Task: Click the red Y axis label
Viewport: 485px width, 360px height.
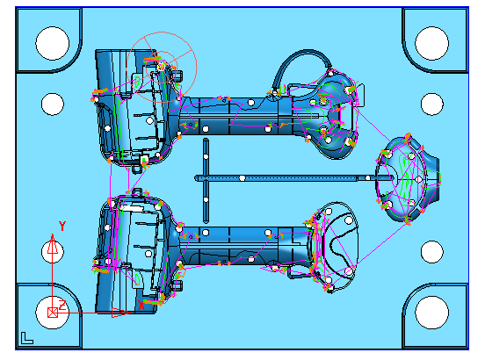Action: click(62, 227)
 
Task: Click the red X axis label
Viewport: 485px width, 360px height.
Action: click(141, 306)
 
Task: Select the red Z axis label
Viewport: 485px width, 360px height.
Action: click(62, 305)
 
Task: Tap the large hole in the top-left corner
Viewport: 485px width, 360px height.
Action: click(52, 43)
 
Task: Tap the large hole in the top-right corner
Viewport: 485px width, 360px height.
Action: click(431, 43)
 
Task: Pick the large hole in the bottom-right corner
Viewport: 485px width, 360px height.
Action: click(431, 313)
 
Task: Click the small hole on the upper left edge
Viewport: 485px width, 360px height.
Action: click(53, 104)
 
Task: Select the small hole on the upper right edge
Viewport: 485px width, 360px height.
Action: click(432, 104)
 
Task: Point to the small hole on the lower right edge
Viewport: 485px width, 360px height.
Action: click(432, 252)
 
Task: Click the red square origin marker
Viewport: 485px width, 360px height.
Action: click(53, 313)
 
